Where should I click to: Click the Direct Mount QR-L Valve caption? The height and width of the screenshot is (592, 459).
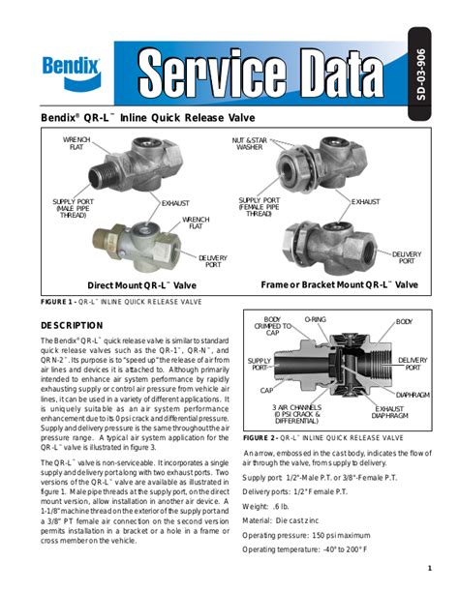141,285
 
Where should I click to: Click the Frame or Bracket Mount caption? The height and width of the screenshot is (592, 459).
339,285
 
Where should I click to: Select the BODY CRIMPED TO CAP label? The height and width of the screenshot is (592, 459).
272,326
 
